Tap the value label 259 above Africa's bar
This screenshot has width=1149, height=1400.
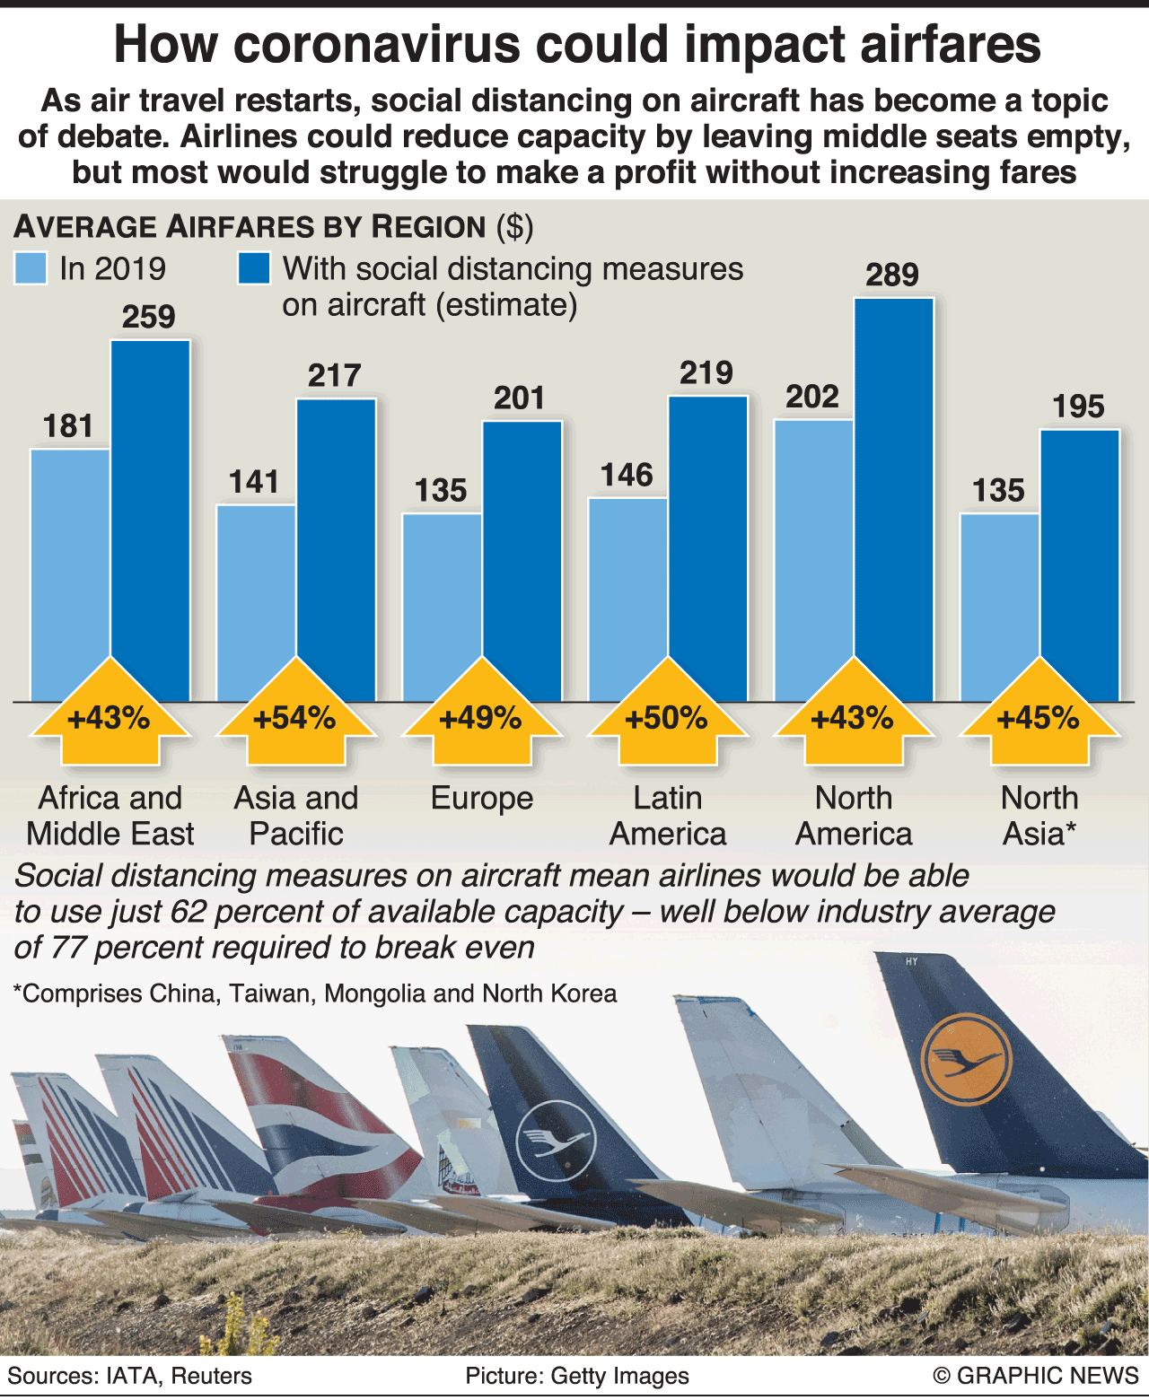click(149, 317)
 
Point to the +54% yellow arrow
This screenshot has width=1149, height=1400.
click(295, 718)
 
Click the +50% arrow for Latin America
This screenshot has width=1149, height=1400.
click(667, 718)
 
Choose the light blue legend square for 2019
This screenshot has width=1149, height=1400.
click(31, 268)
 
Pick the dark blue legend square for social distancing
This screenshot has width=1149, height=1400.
click(254, 268)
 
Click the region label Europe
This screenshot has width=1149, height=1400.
click(482, 798)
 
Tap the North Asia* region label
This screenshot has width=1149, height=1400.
click(1039, 815)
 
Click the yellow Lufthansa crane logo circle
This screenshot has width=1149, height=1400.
click(966, 1060)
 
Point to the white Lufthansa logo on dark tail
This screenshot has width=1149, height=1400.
click(554, 1140)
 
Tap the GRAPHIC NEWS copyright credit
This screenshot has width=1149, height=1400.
click(1036, 1376)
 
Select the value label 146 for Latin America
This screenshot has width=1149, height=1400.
click(627, 475)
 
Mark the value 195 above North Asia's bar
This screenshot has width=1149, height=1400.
click(1078, 407)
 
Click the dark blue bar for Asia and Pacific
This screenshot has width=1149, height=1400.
click(336, 547)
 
